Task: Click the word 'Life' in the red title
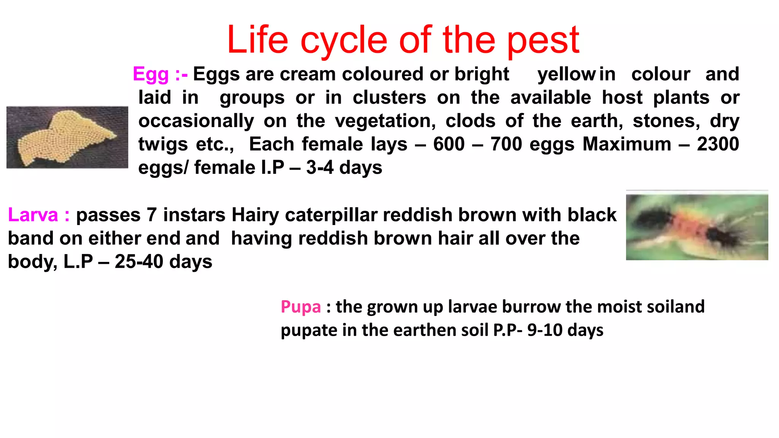258,40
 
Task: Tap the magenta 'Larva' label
33,215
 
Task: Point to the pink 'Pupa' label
300,306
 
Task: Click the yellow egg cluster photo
67,137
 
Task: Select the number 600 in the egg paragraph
449,144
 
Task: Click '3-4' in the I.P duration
320,168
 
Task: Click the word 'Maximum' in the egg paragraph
626,144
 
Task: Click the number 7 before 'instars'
152,215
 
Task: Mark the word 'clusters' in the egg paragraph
389,97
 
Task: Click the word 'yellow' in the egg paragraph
566,74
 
